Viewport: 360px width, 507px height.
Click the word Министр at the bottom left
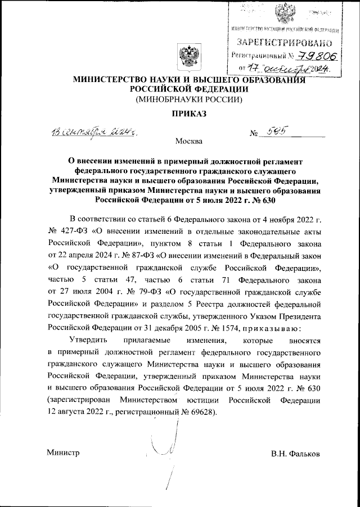pyautogui.click(x=63, y=452)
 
